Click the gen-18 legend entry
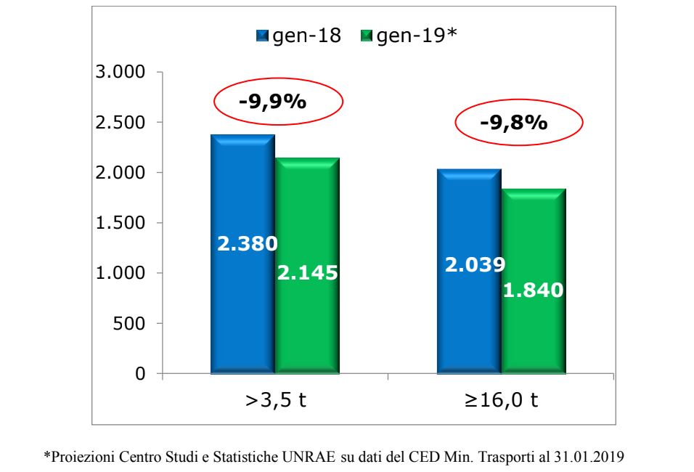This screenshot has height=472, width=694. click(300, 36)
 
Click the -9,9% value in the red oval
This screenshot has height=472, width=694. click(272, 101)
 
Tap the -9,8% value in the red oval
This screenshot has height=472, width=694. click(513, 123)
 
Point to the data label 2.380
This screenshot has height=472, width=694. click(248, 243)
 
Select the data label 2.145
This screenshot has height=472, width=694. click(308, 273)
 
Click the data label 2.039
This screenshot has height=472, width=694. click(475, 265)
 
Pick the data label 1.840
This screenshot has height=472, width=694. click(534, 290)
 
